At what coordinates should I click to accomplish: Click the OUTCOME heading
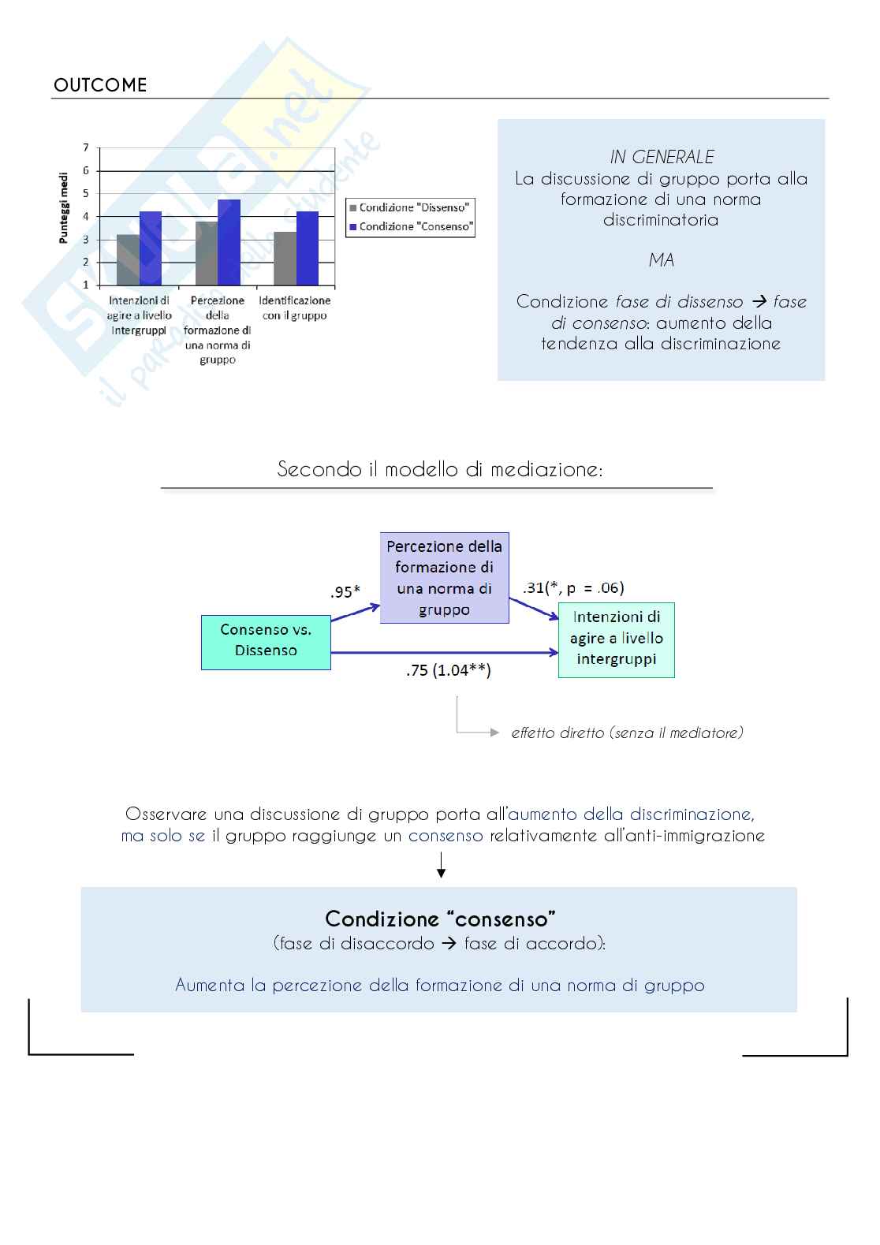[x=100, y=85]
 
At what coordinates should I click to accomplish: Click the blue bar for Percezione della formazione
[x=229, y=242]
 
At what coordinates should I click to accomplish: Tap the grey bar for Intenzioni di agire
[x=128, y=259]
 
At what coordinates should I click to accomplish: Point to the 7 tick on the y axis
[x=86, y=147]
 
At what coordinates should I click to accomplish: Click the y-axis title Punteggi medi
[x=64, y=208]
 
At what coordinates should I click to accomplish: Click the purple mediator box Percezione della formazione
[x=444, y=578]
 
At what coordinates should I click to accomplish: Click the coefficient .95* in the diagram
[x=345, y=591]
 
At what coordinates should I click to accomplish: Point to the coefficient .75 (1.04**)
[x=449, y=671]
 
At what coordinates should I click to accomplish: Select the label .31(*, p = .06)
[x=573, y=587]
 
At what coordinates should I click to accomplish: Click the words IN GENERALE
[x=662, y=157]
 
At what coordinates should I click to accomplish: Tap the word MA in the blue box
[x=662, y=260]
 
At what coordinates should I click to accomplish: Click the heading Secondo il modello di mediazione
[x=440, y=469]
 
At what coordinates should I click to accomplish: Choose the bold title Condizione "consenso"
[x=440, y=919]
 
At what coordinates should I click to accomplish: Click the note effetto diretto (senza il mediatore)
[x=627, y=732]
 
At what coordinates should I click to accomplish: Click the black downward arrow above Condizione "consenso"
[x=442, y=870]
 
